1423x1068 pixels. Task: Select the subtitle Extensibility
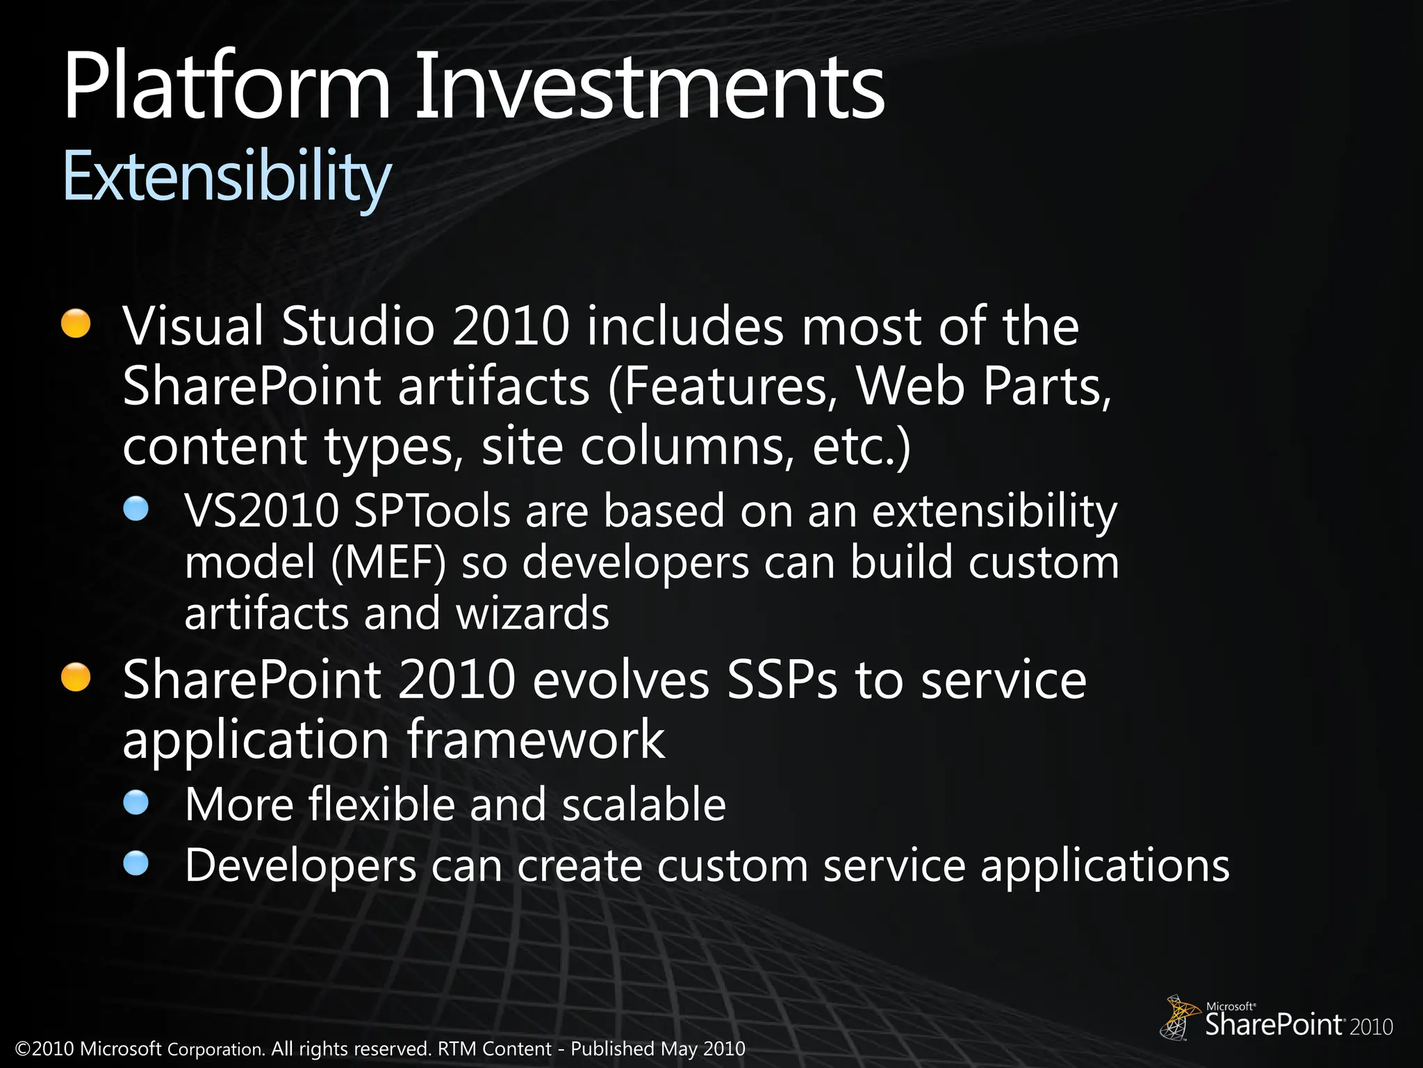click(x=227, y=178)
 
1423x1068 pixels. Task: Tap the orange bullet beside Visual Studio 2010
click(x=76, y=323)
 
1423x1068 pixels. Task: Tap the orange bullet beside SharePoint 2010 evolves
click(x=76, y=677)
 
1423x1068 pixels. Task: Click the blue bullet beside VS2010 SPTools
click(x=136, y=508)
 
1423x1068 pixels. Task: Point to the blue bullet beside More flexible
click(x=136, y=802)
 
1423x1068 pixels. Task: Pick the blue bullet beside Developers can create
click(x=136, y=863)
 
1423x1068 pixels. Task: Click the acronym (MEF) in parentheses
click(x=388, y=563)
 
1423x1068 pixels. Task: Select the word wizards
click(x=532, y=613)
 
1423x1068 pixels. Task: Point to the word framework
click(x=535, y=740)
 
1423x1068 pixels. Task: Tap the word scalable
click(x=643, y=804)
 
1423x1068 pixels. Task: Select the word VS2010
click(x=262, y=511)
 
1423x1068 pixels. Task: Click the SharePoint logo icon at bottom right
click(x=1180, y=1017)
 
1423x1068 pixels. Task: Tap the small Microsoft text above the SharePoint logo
click(x=1231, y=1006)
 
